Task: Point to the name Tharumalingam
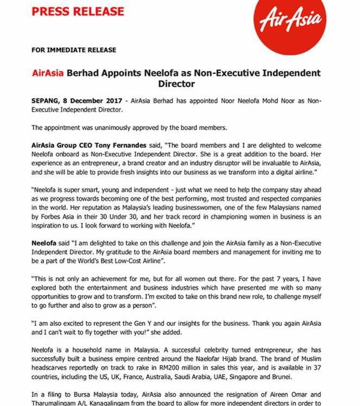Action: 56,405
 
